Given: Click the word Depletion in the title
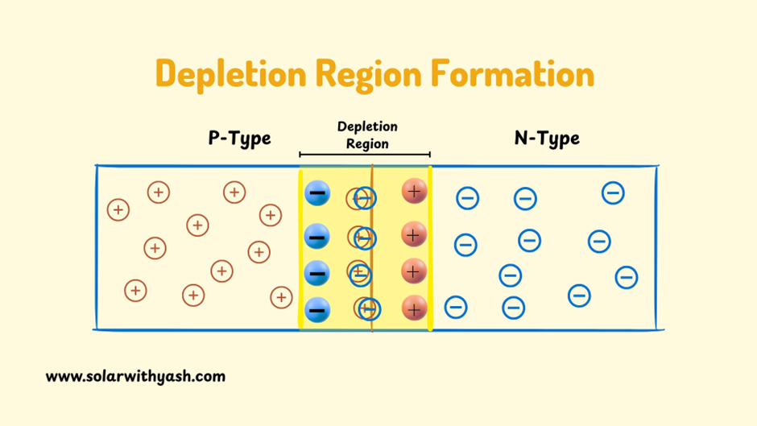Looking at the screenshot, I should (230, 74).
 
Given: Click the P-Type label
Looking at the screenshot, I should (239, 139).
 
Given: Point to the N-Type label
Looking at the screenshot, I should (547, 139).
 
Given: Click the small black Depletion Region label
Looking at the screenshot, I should (367, 135).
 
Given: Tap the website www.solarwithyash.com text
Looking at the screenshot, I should (135, 376).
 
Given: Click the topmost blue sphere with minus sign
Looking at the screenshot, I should (317, 193).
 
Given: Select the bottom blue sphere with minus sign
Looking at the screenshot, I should (317, 310).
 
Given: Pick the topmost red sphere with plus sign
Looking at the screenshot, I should (413, 192).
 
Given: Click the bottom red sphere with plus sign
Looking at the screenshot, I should (413, 308).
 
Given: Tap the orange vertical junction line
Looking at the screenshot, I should (372, 250).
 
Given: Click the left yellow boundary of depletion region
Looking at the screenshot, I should (300, 250).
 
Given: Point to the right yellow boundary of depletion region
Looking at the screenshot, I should (430, 250).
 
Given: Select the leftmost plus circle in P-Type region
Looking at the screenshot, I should (118, 210).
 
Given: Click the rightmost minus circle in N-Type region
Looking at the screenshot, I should (627, 277).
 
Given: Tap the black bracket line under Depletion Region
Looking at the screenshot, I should (365, 155).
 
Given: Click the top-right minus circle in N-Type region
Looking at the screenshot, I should (613, 192).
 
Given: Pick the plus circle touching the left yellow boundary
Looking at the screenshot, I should (280, 297).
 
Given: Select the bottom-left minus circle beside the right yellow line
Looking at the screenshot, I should (456, 306).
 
